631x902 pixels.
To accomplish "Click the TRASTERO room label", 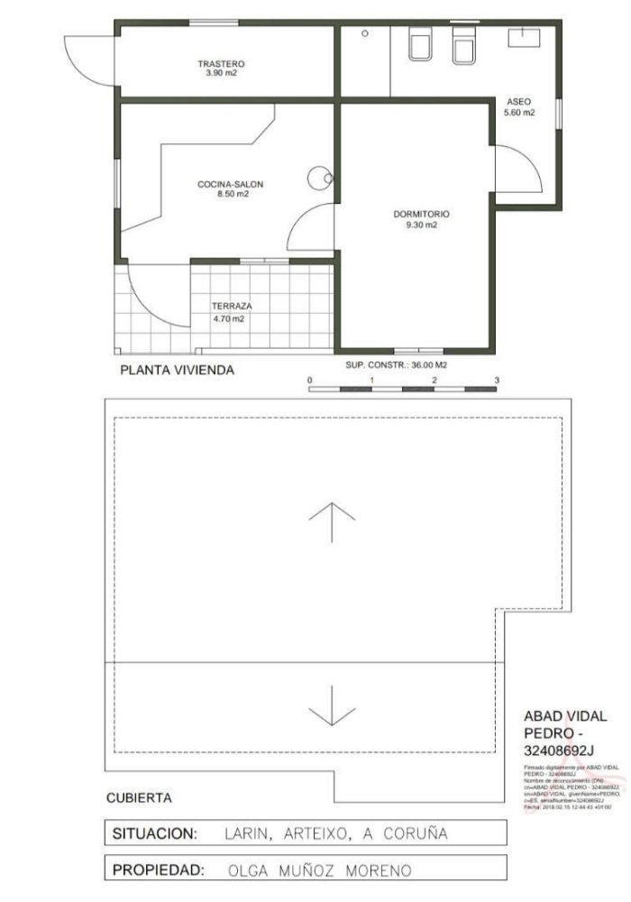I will tap(222, 64).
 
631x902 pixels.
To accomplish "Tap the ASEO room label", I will tap(519, 101).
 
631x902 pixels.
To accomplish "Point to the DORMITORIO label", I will tap(421, 215).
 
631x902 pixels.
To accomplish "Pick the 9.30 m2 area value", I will tap(421, 225).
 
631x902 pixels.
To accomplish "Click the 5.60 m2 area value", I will tap(519, 113).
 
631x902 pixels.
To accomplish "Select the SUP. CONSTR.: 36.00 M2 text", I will tap(397, 365).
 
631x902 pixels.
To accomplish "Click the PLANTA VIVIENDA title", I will tap(178, 370).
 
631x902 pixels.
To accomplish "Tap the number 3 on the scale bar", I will tap(497, 381).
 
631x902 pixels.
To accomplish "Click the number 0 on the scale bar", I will tap(309, 381).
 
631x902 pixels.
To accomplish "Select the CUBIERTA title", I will tap(139, 797).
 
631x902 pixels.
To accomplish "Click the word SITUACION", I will tap(153, 833).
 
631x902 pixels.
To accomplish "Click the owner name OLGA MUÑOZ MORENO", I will tap(320, 871).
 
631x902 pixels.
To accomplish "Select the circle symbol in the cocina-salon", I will tap(319, 178).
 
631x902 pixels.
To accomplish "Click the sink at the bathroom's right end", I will tap(523, 37).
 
